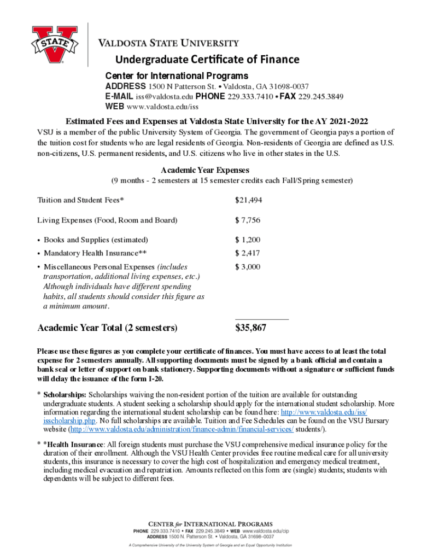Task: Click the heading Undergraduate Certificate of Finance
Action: coord(200,59)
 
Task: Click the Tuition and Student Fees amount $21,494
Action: coord(249,200)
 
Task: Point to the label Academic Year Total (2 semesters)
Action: coord(107,328)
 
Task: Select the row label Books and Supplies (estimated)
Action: coord(96,240)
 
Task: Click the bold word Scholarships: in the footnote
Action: coord(65,394)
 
